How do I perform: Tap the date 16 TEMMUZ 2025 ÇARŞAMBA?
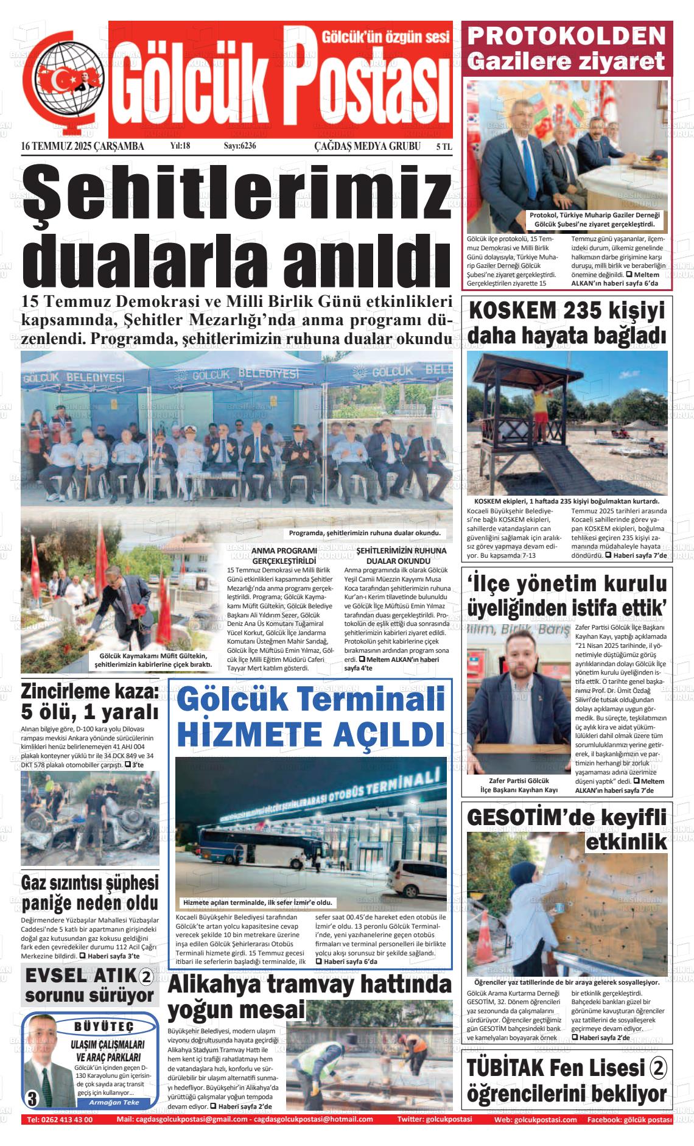pos(82,146)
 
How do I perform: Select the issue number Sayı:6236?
pos(240,146)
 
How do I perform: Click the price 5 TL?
pos(444,147)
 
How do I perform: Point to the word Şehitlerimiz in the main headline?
pos(237,193)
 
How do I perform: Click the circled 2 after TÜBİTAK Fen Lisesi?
pos(659,1067)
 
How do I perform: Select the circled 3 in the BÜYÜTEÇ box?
pos(33,1099)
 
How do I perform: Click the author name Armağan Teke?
pos(114,1102)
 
